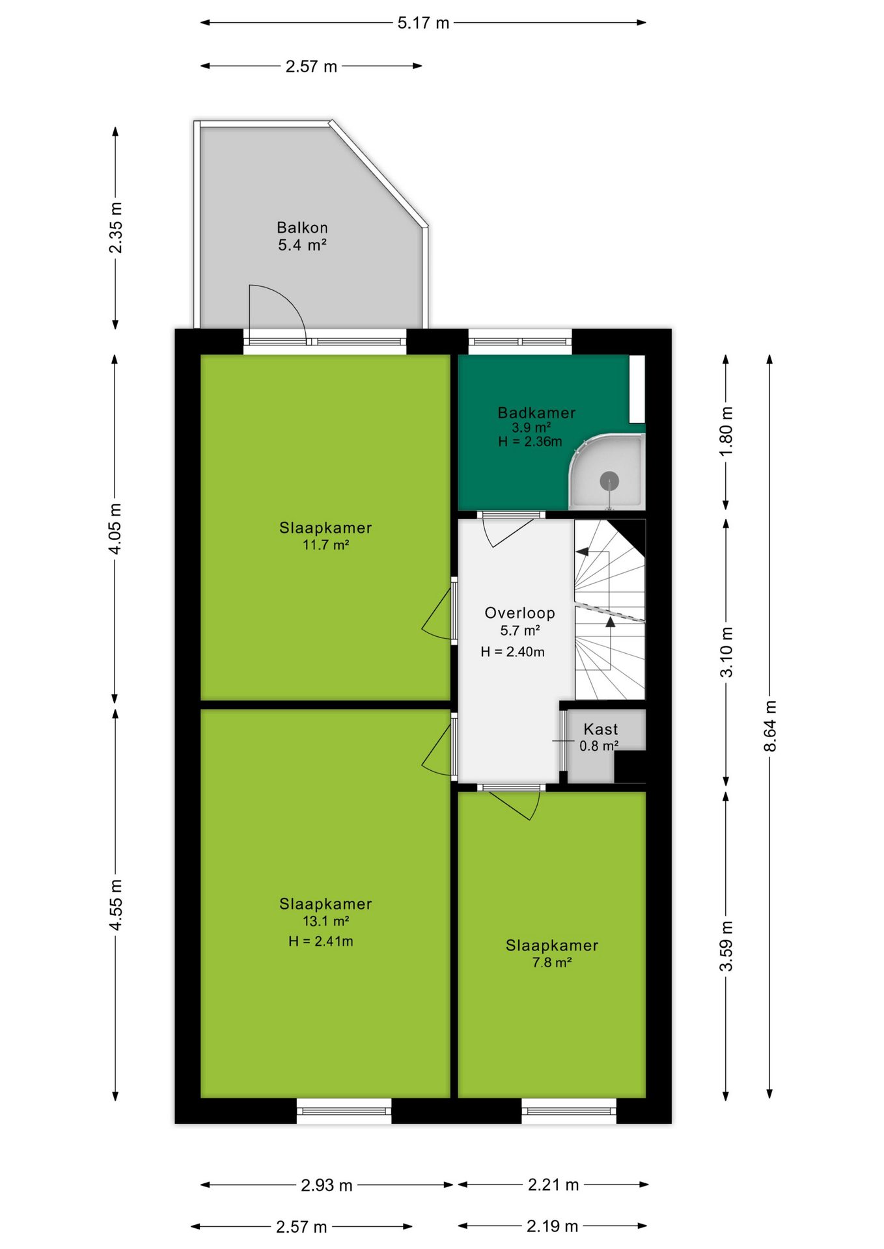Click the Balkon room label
tap(302, 228)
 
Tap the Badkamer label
tap(536, 412)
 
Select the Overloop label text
tap(519, 613)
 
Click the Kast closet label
tap(600, 729)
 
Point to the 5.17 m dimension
tap(423, 23)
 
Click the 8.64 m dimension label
tap(770, 725)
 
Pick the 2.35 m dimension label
tap(115, 228)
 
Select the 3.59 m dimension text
tap(726, 946)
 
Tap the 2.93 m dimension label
tap(327, 1185)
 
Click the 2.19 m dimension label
tap(552, 1226)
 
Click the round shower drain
tap(609, 481)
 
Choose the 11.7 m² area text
tap(325, 545)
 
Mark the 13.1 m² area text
tap(325, 921)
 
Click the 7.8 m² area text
tap(552, 963)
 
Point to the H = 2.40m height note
tap(512, 652)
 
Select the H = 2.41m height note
tap(320, 941)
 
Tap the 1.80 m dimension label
tap(726, 431)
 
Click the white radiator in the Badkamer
tap(636, 388)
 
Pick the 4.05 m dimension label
tap(115, 529)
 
